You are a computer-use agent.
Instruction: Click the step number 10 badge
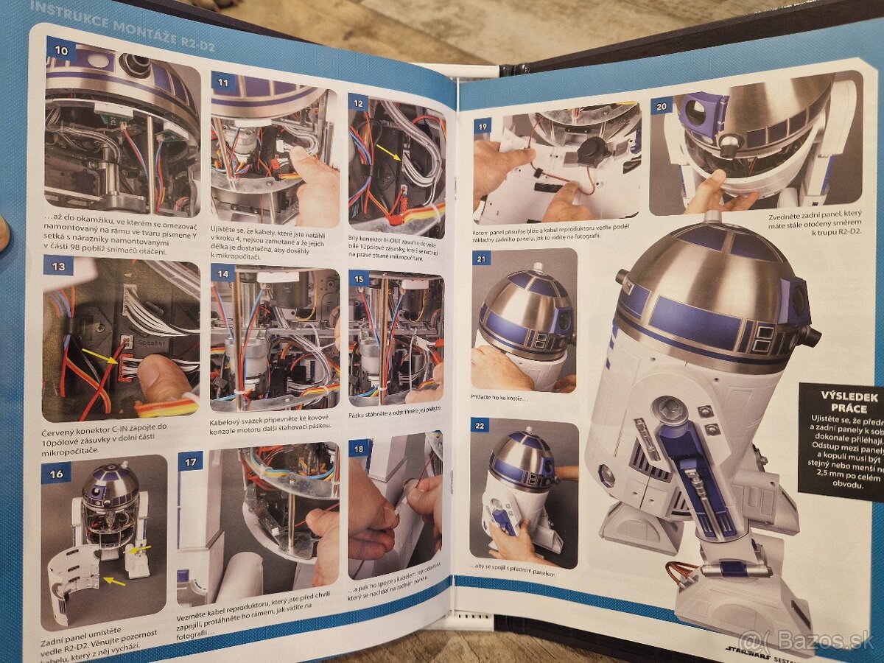61,50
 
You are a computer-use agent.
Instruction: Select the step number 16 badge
57,474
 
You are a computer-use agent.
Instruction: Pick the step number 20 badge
662,106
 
